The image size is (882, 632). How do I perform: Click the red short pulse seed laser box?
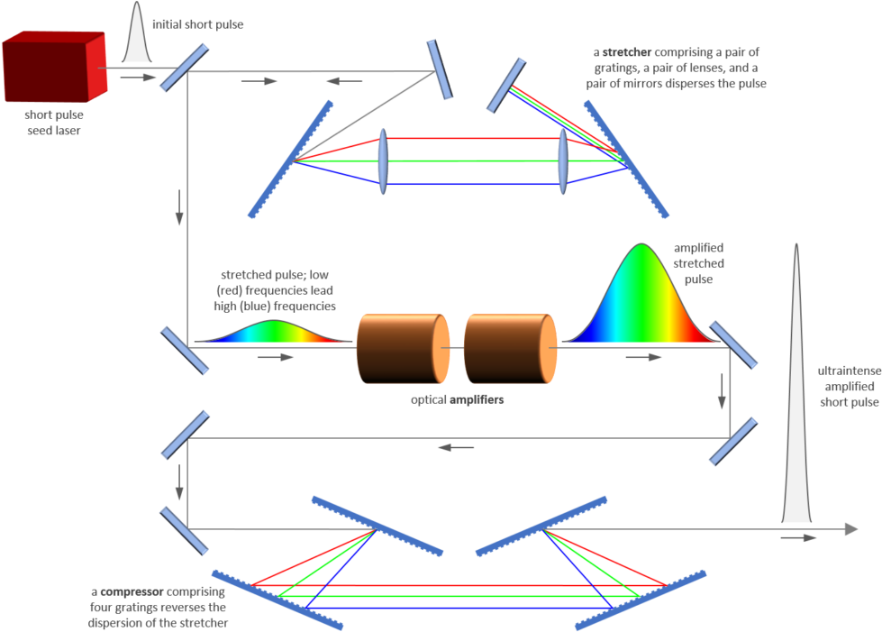tap(54, 69)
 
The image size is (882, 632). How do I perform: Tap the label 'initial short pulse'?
tap(198, 25)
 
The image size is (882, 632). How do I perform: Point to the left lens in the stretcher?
tap(383, 160)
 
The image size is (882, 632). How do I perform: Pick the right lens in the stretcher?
tap(563, 160)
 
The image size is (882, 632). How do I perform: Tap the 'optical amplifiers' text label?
tap(457, 399)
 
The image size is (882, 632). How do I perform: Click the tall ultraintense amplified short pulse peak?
tap(796, 406)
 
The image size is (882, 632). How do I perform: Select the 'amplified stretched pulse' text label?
tap(698, 264)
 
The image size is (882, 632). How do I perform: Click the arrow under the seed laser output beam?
tap(131, 78)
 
